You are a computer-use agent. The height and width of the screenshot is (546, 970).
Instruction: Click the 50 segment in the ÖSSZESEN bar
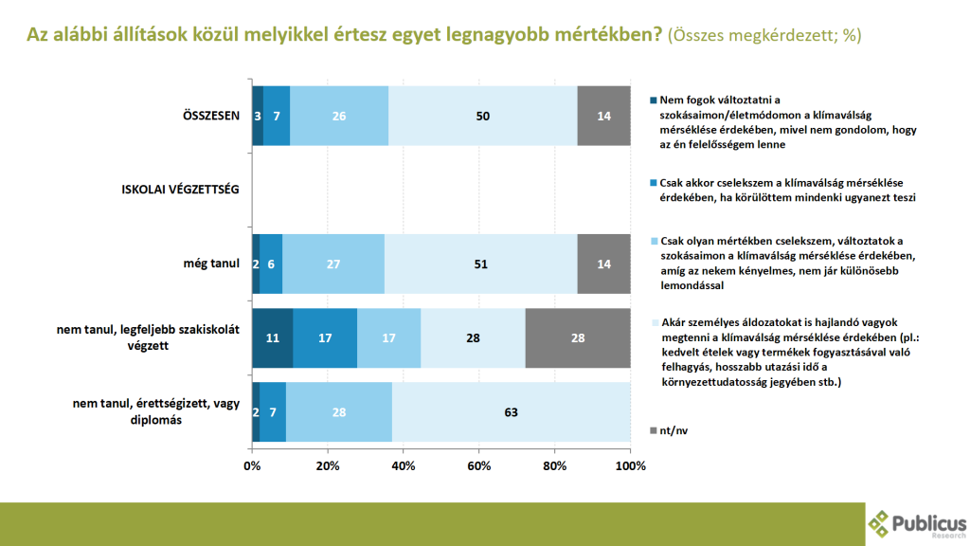click(x=483, y=116)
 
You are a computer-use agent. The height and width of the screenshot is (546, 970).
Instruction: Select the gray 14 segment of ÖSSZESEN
click(x=603, y=116)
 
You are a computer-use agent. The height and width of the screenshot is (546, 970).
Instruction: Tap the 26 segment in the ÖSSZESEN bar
click(x=339, y=116)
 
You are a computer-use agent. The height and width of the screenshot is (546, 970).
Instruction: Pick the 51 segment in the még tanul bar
click(x=481, y=264)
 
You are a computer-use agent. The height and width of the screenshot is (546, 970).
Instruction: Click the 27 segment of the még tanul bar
click(x=333, y=264)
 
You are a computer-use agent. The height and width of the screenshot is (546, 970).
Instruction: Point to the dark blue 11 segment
click(x=273, y=338)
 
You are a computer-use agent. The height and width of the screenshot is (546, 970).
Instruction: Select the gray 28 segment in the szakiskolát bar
click(x=578, y=338)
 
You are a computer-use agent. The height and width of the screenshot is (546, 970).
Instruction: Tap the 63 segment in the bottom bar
click(x=512, y=412)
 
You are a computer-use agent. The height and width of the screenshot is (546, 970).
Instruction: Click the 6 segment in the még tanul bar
click(x=271, y=264)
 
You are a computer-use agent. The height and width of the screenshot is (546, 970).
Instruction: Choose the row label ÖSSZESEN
click(x=210, y=116)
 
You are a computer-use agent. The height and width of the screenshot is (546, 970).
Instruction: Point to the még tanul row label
click(x=212, y=264)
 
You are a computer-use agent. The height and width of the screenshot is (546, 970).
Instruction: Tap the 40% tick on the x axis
click(x=404, y=466)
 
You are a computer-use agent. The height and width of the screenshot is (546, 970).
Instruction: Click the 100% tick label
click(x=630, y=466)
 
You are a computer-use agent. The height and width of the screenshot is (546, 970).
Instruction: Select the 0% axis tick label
click(x=252, y=466)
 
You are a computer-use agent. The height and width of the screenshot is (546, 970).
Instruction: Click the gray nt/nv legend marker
click(x=653, y=430)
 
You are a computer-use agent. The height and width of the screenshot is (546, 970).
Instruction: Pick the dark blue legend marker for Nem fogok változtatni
click(x=653, y=101)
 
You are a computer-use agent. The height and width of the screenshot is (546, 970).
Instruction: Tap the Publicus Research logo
click(x=916, y=523)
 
